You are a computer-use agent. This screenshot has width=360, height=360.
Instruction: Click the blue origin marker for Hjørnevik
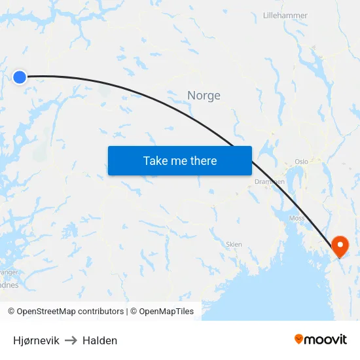[x=20, y=77]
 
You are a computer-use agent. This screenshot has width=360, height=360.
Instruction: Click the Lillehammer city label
[x=285, y=15]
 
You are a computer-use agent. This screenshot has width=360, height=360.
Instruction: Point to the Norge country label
[x=204, y=96]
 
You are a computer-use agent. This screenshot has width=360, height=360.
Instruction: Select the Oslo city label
[x=301, y=161]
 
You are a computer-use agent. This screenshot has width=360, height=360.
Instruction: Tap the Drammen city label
[x=269, y=181]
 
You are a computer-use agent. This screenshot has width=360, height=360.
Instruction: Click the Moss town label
[x=296, y=218]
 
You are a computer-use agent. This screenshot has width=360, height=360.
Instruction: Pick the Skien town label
[x=234, y=244]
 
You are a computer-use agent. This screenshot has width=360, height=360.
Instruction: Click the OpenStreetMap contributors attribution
[x=70, y=312]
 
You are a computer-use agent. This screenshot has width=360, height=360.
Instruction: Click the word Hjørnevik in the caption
[x=36, y=340]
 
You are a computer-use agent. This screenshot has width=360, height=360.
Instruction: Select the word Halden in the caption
[x=99, y=340]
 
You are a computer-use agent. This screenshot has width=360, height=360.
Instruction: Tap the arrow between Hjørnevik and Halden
[x=71, y=340]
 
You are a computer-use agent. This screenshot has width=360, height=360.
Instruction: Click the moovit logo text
[x=326, y=339]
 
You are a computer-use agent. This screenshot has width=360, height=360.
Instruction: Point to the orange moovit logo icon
[x=299, y=338]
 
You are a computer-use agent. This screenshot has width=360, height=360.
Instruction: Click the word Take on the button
[x=155, y=161]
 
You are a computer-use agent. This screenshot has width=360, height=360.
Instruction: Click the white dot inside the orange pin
[x=340, y=244]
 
